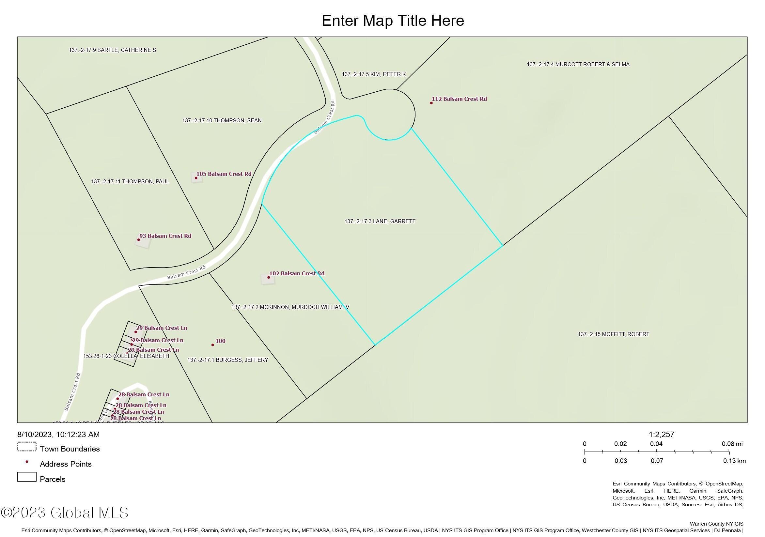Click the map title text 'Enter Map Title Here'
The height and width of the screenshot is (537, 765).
pyautogui.click(x=393, y=21)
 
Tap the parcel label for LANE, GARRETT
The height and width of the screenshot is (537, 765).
pyautogui.click(x=380, y=221)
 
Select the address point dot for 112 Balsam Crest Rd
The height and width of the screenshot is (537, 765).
pyautogui.click(x=431, y=103)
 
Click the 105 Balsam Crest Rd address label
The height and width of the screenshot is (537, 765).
pyautogui.click(x=224, y=174)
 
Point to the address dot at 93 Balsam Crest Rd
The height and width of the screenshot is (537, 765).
pyautogui.click(x=139, y=240)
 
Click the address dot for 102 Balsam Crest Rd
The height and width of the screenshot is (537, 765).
pyautogui.click(x=269, y=278)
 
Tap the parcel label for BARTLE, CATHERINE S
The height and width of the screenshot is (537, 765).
pyautogui.click(x=112, y=50)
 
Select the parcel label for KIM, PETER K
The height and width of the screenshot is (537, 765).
pyautogui.click(x=373, y=74)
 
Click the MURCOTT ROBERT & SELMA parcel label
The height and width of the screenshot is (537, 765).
pyautogui.click(x=578, y=65)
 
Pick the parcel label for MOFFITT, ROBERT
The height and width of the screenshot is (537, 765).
pyautogui.click(x=613, y=334)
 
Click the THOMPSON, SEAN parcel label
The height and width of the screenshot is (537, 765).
pyautogui.click(x=222, y=121)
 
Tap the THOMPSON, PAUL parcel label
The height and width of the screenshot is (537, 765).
pyautogui.click(x=130, y=181)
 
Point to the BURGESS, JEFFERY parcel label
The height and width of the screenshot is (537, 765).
pyautogui.click(x=227, y=360)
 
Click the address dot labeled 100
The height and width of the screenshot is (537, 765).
pyautogui.click(x=212, y=345)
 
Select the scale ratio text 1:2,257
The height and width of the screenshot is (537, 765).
pyautogui.click(x=661, y=435)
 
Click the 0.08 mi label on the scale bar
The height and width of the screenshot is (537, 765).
pyautogui.click(x=732, y=444)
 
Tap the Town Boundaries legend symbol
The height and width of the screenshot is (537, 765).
pyautogui.click(x=27, y=447)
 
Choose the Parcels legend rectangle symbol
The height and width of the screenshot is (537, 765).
pyautogui.click(x=27, y=477)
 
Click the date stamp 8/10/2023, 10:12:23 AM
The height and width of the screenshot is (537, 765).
pyautogui.click(x=58, y=435)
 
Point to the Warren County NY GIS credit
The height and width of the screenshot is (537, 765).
pyautogui.click(x=716, y=524)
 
